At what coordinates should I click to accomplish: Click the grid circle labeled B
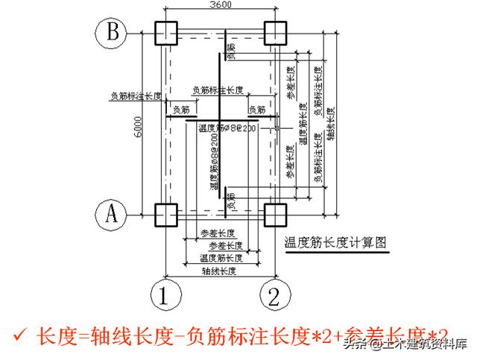[110, 33]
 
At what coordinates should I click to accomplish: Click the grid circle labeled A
[110, 215]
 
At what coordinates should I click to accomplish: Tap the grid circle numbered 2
[274, 296]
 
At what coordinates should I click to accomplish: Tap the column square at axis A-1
[165, 215]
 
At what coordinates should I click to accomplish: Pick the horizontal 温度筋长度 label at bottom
[218, 259]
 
